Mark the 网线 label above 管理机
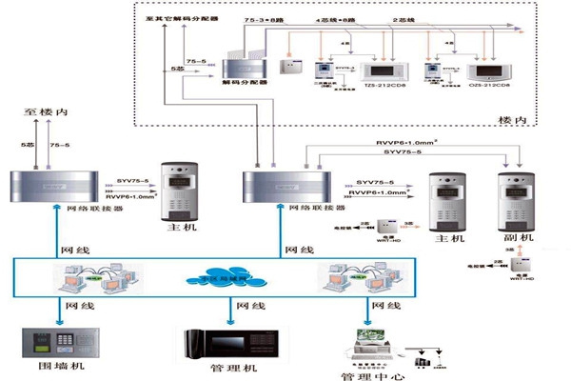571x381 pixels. point(251,308)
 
